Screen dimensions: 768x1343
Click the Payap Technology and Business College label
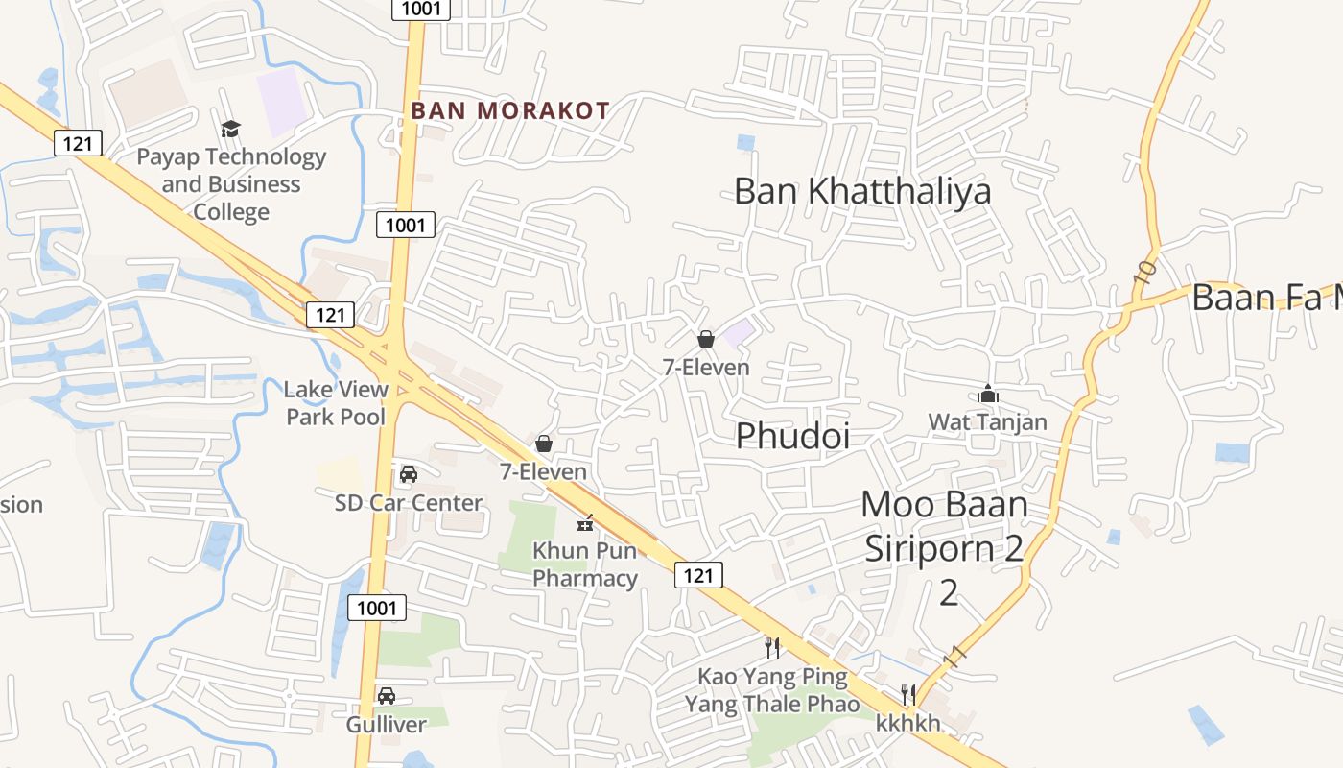[x=231, y=184]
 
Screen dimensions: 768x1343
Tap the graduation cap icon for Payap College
[x=230, y=129]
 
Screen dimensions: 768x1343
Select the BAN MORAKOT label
[x=510, y=110]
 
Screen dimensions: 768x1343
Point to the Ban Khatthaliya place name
[x=862, y=191]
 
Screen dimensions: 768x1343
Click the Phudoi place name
[x=792, y=436]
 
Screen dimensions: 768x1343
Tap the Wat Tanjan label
[x=987, y=421]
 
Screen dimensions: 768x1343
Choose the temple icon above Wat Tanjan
[x=987, y=394]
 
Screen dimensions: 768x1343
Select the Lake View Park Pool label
[x=336, y=403]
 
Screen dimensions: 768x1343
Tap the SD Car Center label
[x=409, y=502]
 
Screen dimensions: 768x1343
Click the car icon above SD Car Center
[x=409, y=473]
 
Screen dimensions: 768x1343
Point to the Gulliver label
[x=387, y=724]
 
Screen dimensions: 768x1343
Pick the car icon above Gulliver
[x=387, y=696]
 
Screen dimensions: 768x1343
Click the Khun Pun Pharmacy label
[x=585, y=564]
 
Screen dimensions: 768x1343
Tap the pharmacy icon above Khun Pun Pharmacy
[x=584, y=523]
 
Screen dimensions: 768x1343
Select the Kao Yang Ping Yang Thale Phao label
[x=772, y=690]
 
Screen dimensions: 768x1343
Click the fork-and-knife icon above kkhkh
[x=907, y=693]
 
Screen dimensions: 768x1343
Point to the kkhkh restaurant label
[x=907, y=723]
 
